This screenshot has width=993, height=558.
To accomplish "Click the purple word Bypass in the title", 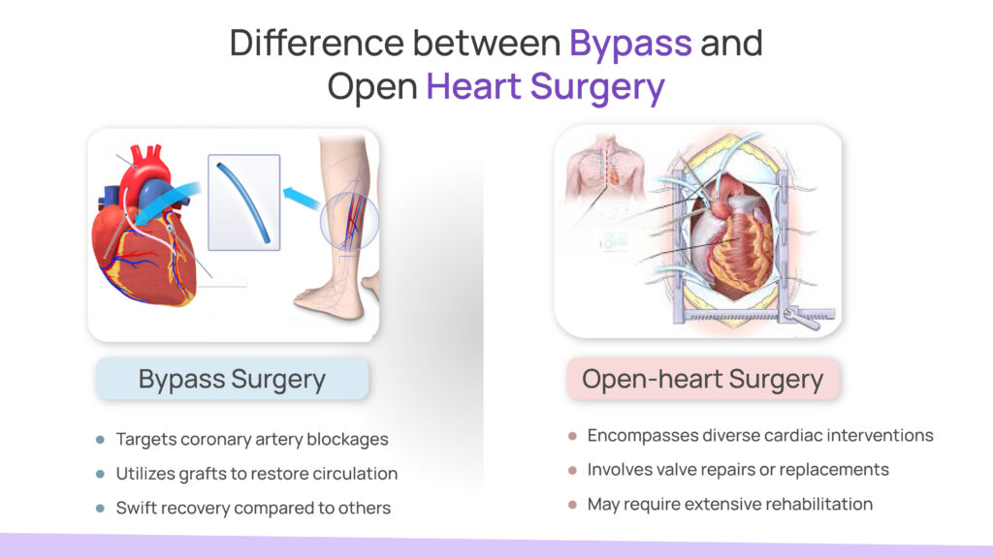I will point(630,44).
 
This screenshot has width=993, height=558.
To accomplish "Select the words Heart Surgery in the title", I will point(545,87).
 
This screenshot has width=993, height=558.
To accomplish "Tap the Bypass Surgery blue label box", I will point(232,379).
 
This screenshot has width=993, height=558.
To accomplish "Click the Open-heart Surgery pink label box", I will point(702,379).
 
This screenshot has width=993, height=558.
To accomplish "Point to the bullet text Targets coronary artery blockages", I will point(252,439).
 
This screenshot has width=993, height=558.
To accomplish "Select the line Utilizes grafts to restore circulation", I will point(257,474).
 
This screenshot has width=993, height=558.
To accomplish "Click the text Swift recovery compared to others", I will point(253,508).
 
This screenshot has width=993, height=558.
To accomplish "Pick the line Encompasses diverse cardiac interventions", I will point(760,435).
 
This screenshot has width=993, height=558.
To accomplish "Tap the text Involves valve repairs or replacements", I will point(738,470).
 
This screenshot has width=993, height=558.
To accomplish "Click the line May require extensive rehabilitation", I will point(730,504).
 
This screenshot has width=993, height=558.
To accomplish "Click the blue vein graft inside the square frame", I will point(243,202).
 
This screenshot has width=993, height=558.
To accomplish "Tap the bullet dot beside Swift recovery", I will point(100,508).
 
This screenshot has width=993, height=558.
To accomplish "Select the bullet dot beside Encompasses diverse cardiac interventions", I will point(572,436).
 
